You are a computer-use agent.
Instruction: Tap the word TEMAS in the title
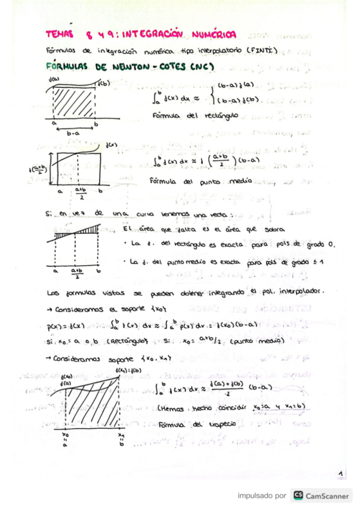pos(60,35)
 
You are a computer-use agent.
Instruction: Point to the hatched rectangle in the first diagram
pos(73,102)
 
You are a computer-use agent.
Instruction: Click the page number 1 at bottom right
pos(340,475)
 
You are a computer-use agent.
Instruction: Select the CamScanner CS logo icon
pos(297,496)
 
